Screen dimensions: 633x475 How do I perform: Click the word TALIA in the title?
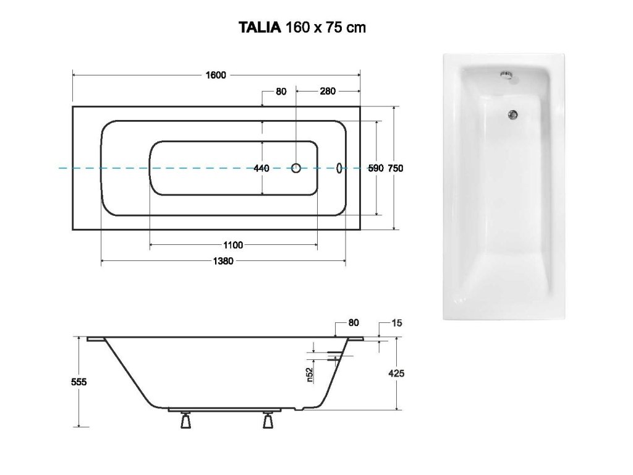point(260,27)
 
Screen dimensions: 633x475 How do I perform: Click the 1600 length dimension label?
point(216,75)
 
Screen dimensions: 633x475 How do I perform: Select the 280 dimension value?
point(328,92)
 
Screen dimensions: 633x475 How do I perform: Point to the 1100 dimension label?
point(233,245)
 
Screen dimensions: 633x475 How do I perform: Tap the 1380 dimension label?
point(223,262)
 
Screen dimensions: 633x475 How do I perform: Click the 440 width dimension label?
point(261,168)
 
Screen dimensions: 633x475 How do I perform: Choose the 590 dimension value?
point(376,168)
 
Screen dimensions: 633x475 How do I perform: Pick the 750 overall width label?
point(396,168)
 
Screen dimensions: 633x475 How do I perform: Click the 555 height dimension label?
point(79,382)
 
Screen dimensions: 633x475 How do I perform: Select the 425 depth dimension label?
point(396,374)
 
